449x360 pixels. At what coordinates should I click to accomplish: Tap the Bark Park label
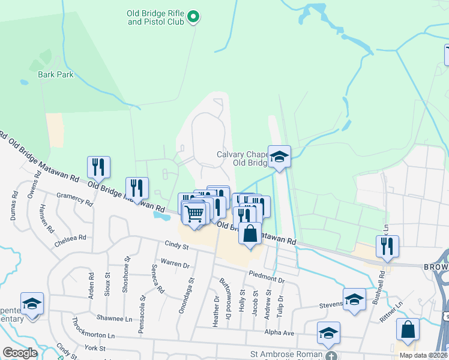(50, 75)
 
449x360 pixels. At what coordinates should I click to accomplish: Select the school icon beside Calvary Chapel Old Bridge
(279, 157)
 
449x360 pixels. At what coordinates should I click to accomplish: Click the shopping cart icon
(194, 213)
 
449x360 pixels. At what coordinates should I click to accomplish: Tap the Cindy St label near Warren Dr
(177, 245)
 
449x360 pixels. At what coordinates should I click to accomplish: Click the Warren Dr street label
(175, 263)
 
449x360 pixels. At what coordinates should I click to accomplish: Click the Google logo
(20, 353)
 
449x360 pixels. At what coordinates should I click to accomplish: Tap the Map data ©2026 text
(423, 355)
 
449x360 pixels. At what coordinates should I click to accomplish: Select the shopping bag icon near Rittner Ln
(408, 330)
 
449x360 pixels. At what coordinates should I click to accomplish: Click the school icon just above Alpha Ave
(328, 333)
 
